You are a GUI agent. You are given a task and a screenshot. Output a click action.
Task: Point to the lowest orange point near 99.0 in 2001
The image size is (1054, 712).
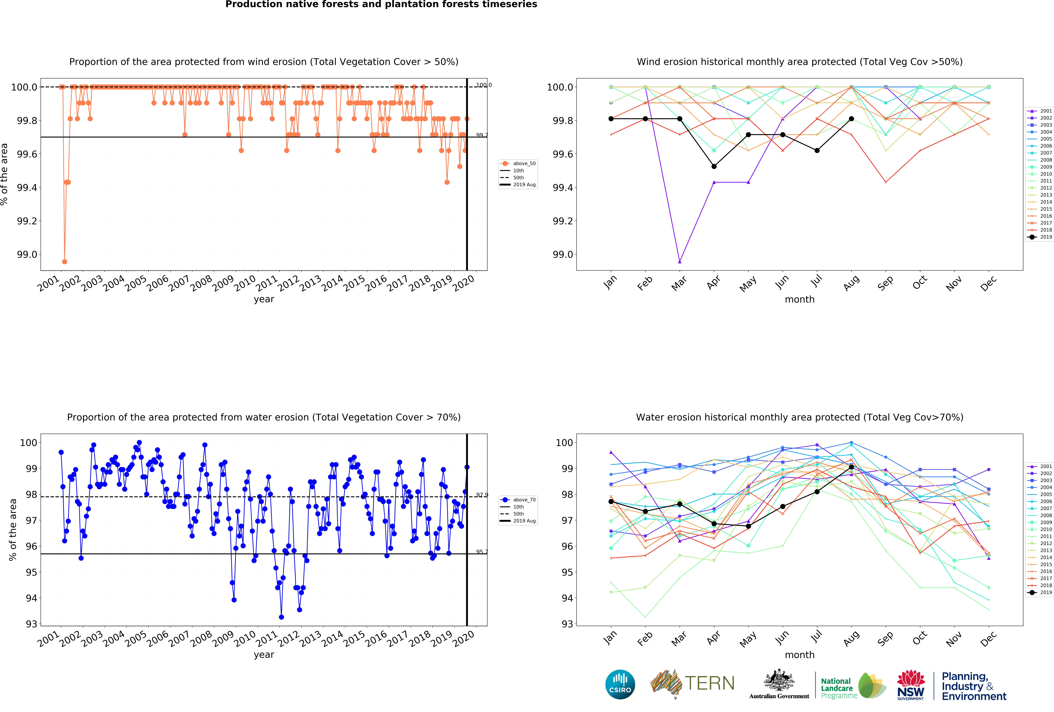coord(64,262)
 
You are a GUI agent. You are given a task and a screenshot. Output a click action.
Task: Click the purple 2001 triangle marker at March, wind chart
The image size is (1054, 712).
coord(679,262)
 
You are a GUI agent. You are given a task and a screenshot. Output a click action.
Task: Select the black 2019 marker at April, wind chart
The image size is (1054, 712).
coord(714,166)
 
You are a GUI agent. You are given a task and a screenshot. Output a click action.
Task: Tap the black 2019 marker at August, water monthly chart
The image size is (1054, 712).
coord(851,467)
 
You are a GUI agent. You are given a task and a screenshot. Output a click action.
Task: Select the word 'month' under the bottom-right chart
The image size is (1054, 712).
coord(800,655)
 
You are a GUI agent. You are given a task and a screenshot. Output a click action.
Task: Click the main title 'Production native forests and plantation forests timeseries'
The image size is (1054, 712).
coord(381,5)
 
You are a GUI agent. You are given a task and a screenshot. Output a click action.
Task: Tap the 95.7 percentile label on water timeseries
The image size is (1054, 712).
coord(482,552)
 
